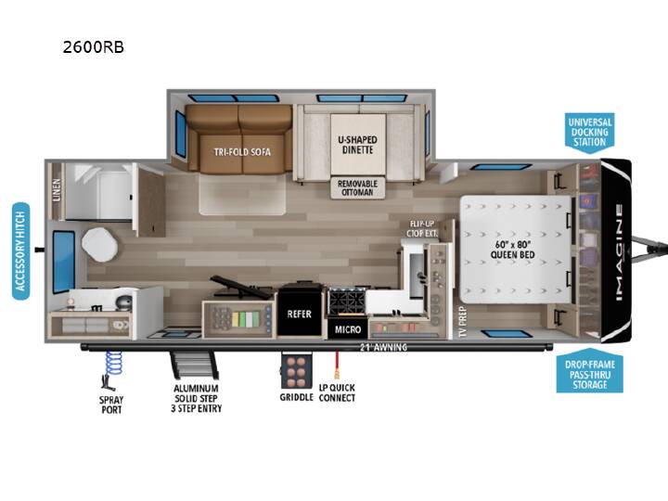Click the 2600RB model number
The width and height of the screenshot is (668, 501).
pyautogui.click(x=94, y=47)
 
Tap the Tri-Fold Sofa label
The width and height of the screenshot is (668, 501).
pyautogui.click(x=242, y=152)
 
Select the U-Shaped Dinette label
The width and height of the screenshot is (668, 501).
pyautogui.click(x=357, y=145)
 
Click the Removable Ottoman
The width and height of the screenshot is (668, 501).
pyautogui.click(x=358, y=187)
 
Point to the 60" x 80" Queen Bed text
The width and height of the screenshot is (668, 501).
pyautogui.click(x=512, y=250)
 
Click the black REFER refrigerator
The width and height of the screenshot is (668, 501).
pyautogui.click(x=300, y=314)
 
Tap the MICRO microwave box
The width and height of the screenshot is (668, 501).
pyautogui.click(x=348, y=329)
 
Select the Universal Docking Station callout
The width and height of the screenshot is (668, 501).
pyautogui.click(x=590, y=132)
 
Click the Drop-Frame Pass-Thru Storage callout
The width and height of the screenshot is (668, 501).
pyautogui.click(x=590, y=371)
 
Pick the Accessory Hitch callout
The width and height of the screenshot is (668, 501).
pyautogui.click(x=20, y=250)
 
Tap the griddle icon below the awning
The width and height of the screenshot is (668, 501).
pyautogui.click(x=296, y=370)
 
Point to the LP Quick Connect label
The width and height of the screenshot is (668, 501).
pyautogui.click(x=337, y=392)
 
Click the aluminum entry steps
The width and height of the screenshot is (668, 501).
pyautogui.click(x=194, y=366)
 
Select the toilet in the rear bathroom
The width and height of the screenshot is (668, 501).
pyautogui.click(x=100, y=245)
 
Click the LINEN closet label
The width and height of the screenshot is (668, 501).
pyautogui.click(x=57, y=190)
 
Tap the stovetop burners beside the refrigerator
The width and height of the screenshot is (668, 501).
pyautogui.click(x=346, y=302)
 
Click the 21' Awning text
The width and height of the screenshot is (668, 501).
pyautogui.click(x=383, y=347)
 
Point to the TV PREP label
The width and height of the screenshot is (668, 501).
pyautogui.click(x=463, y=322)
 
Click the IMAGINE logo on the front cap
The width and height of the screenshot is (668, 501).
pyautogui.click(x=619, y=252)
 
